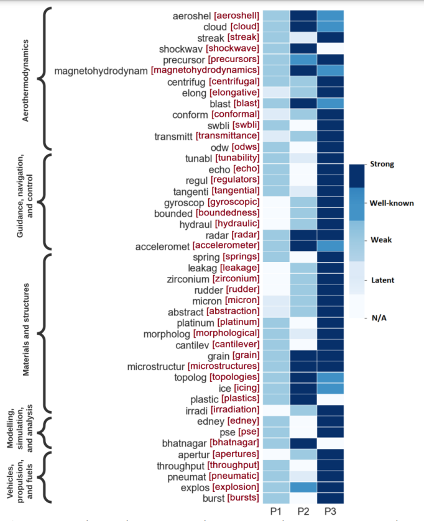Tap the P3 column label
330,511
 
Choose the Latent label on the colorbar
384,280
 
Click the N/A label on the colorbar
379,318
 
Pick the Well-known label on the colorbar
392,202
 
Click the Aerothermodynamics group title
26,81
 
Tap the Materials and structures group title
26,329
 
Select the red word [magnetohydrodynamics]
205,71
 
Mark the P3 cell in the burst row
330,498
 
